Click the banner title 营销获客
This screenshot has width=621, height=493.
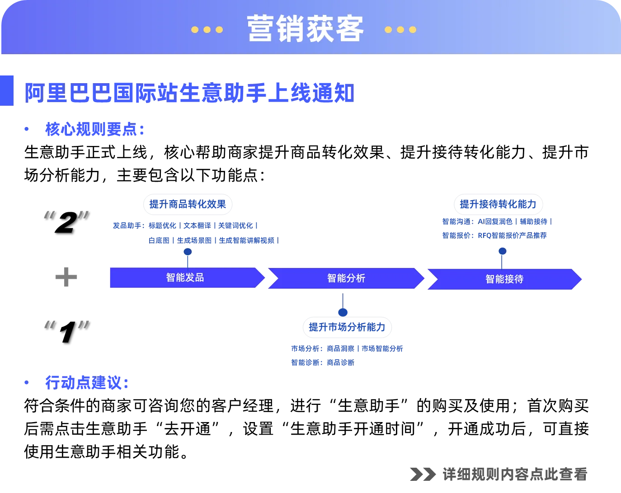pyautogui.click(x=305, y=29)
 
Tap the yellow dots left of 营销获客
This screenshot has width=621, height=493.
pyautogui.click(x=207, y=30)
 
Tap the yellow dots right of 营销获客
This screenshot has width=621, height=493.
pyautogui.click(x=400, y=30)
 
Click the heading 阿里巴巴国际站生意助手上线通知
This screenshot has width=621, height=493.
pyautogui.click(x=189, y=93)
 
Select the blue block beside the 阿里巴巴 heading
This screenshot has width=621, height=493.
pyautogui.click(x=7, y=90)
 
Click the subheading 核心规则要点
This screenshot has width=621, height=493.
pyautogui.click(x=94, y=130)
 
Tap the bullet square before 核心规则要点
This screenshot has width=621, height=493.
pyautogui.click(x=26, y=130)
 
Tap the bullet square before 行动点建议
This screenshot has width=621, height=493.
pyautogui.click(x=26, y=383)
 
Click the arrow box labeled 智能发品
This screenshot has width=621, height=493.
pyautogui.click(x=185, y=277)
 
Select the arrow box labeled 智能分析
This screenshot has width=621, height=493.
pyautogui.click(x=346, y=278)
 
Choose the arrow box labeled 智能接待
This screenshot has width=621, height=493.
pyautogui.click(x=504, y=279)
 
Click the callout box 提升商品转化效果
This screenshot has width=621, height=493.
pyautogui.click(x=188, y=204)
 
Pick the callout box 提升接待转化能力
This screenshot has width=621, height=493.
pyautogui.click(x=498, y=204)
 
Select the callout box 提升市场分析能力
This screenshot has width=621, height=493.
pyautogui.click(x=347, y=327)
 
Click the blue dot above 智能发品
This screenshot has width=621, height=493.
pyautogui.click(x=188, y=251)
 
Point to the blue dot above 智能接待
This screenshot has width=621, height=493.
pyautogui.click(x=502, y=251)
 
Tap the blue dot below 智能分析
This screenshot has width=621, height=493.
pyautogui.click(x=343, y=312)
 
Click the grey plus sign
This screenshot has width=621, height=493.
pyautogui.click(x=66, y=276)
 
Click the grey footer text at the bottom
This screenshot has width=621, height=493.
pyautogui.click(x=499, y=474)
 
